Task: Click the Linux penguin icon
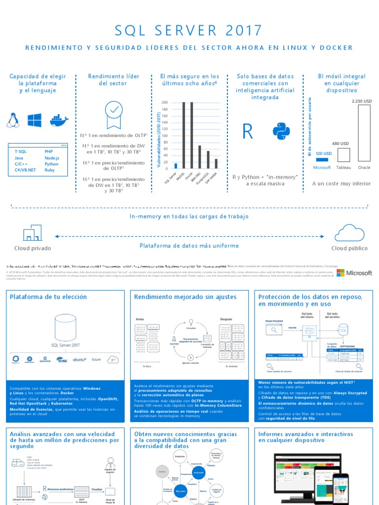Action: click(x=13, y=119)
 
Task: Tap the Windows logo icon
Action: click(x=35, y=120)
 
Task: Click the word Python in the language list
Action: click(x=51, y=164)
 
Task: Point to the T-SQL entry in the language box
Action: click(x=22, y=151)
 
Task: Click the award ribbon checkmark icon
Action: click(x=114, y=114)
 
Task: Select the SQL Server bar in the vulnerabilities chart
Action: click(x=176, y=166)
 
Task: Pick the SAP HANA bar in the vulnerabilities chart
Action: click(x=216, y=164)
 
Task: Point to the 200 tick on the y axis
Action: click(x=164, y=102)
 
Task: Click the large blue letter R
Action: click(x=248, y=132)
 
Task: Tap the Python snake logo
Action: click(x=282, y=132)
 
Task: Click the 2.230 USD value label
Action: click(x=362, y=101)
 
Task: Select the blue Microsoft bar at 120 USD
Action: click(x=323, y=160)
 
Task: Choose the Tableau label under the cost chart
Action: click(x=343, y=168)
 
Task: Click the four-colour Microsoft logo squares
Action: click(x=341, y=273)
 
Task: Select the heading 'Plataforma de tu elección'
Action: click(x=48, y=297)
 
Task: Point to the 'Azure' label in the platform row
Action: click(x=96, y=360)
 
